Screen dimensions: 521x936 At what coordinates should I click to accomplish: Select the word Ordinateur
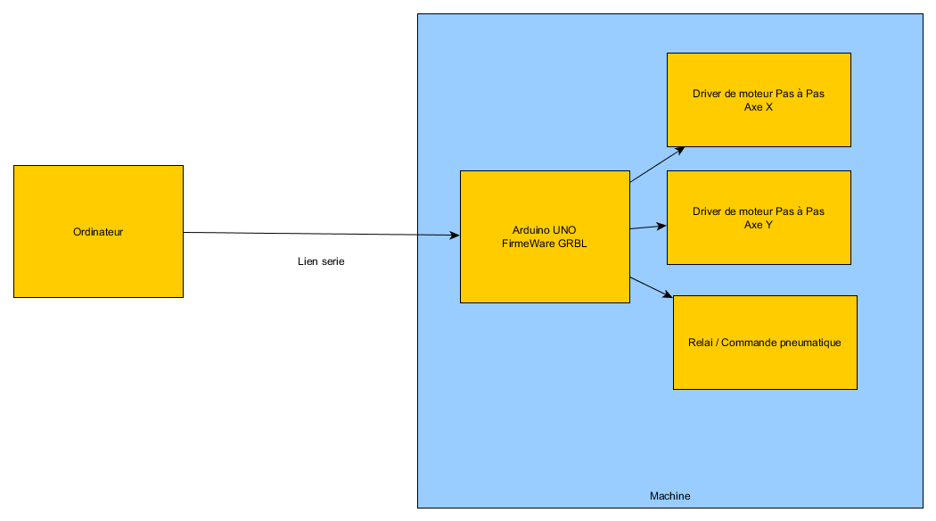point(98,232)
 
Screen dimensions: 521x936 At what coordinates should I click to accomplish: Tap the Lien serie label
point(321,261)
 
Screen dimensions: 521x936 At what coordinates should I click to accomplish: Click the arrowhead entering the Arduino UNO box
point(455,236)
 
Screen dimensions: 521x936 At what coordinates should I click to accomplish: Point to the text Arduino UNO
point(544,229)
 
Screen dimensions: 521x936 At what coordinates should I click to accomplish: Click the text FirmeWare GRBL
point(544,243)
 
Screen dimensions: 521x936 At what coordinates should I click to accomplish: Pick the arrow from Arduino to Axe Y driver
point(647,227)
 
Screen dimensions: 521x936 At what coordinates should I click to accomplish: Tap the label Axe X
point(759,106)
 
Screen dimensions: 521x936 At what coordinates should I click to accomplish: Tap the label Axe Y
point(759,225)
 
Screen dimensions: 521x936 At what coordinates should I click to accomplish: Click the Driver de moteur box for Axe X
point(759,125)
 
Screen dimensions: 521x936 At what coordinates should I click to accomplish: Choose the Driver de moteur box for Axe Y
point(759,245)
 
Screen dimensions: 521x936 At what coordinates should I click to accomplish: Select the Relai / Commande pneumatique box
point(765,366)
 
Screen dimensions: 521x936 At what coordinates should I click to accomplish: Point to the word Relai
point(701,343)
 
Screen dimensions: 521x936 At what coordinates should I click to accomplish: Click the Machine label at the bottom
point(669,496)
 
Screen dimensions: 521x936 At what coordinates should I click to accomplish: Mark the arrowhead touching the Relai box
point(668,295)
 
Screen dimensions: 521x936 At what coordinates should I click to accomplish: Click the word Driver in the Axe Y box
point(707,211)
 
